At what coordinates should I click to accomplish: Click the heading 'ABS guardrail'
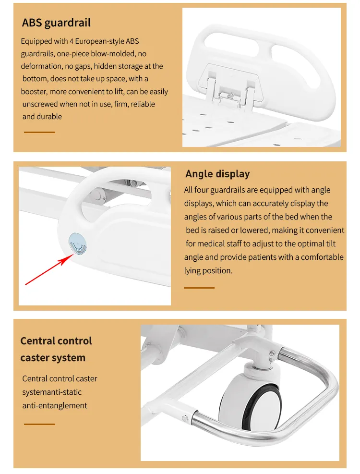pyautogui.click(x=56, y=23)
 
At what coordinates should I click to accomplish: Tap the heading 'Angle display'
pyautogui.click(x=217, y=174)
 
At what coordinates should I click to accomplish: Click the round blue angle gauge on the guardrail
pyautogui.click(x=78, y=243)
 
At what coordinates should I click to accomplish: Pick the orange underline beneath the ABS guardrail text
pyautogui.click(x=39, y=132)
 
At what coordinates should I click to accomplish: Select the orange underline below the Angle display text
pyautogui.click(x=199, y=288)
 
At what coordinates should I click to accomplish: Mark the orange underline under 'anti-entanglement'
pyautogui.click(x=39, y=424)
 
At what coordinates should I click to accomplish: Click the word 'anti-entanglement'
pyautogui.click(x=55, y=405)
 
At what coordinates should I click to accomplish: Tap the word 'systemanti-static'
pyautogui.click(x=52, y=392)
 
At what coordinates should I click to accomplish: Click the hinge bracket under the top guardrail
pyautogui.click(x=231, y=86)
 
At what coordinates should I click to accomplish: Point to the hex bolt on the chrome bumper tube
pyautogui.click(x=185, y=418)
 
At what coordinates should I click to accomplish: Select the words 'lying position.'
pyautogui.click(x=208, y=270)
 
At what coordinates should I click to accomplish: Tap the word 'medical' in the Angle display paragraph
pyautogui.click(x=211, y=243)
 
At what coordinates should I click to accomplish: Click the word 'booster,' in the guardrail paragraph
pyautogui.click(x=34, y=92)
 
